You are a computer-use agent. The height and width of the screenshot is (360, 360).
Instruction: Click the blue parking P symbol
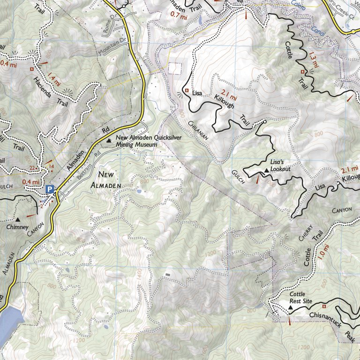point(50,189)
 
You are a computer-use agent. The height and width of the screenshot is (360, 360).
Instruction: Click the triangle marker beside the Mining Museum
point(109,140)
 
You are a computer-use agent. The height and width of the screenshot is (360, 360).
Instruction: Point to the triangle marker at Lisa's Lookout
point(267,170)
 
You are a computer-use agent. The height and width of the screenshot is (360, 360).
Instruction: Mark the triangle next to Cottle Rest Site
point(289,308)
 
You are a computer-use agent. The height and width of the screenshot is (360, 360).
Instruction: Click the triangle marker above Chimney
point(18,219)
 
